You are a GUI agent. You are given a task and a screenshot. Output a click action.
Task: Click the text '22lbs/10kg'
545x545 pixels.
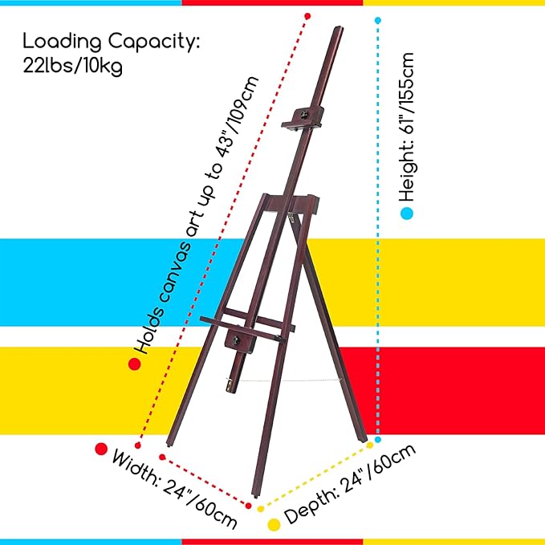(73, 65)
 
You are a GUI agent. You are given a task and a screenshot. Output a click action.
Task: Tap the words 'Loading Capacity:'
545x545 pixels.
(112, 42)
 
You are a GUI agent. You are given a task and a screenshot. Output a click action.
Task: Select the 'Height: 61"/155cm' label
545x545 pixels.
(407, 127)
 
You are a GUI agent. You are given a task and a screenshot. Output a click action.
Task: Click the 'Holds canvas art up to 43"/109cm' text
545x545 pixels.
(197, 215)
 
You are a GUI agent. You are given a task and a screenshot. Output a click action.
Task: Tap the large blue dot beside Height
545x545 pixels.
(407, 213)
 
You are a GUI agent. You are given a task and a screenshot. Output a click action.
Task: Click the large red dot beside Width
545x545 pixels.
(101, 449)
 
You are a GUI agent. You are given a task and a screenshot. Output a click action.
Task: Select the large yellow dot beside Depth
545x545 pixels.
(274, 525)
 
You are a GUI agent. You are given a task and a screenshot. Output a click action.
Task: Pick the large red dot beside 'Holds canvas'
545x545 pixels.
(135, 364)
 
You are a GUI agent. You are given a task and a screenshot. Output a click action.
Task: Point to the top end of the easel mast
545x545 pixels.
(338, 28)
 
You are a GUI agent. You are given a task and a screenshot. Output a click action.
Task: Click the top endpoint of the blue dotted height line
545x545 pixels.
(378, 21)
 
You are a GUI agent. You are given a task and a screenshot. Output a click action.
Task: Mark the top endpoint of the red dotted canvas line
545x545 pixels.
(307, 16)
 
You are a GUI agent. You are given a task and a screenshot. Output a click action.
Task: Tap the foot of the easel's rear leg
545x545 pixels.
(363, 439)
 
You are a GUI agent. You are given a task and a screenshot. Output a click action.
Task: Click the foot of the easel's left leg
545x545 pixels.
(169, 444)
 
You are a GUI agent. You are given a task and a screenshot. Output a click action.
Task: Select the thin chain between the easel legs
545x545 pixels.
(289, 380)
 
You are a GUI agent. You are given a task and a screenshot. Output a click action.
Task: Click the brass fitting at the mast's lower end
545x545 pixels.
(230, 385)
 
